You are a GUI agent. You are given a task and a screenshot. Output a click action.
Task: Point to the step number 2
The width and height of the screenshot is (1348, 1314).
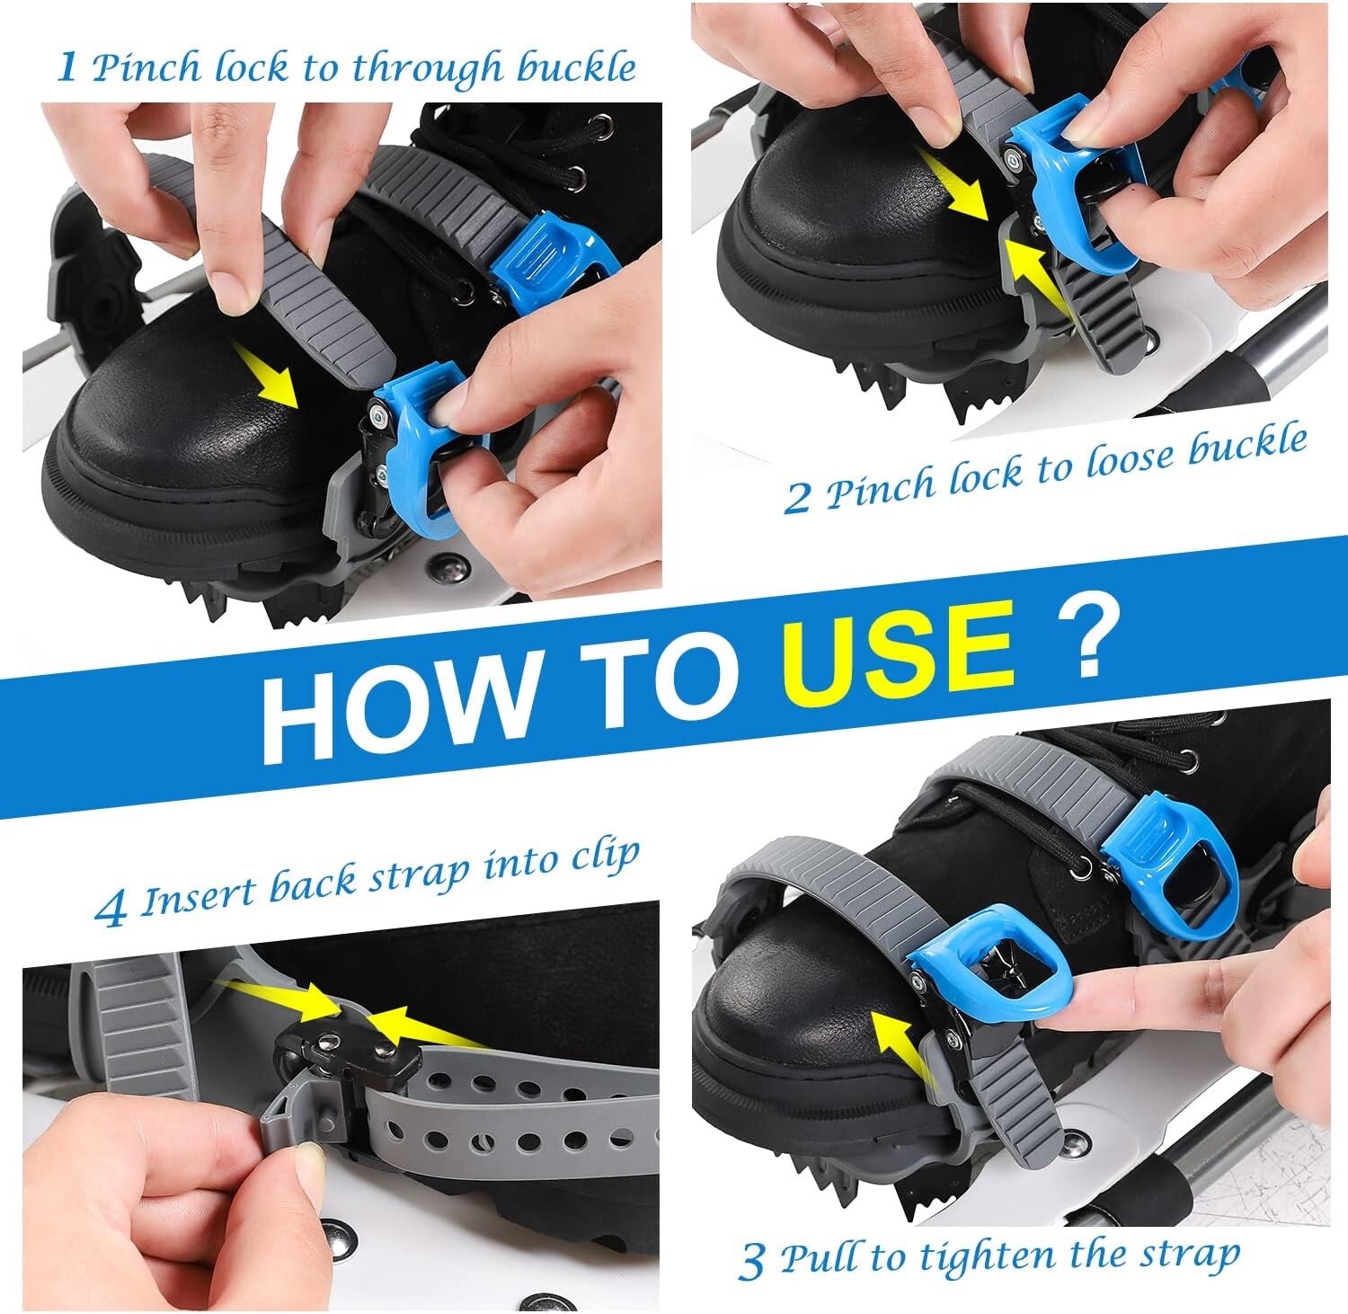[796, 499]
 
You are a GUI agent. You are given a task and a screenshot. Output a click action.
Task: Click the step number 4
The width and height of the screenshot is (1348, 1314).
[111, 910]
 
